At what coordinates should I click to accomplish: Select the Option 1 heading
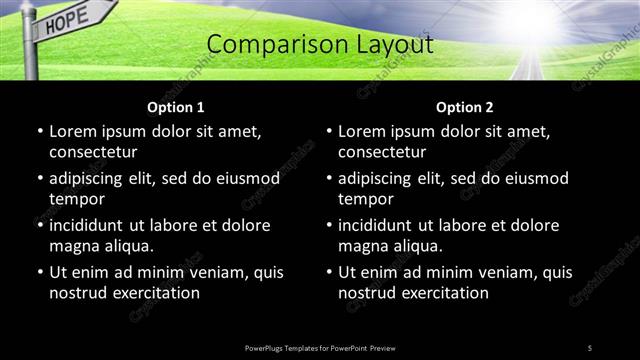pos(176,107)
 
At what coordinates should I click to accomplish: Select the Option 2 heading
pos(465,107)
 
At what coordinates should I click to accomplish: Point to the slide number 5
pos(590,347)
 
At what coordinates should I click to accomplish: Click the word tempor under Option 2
pos(366,198)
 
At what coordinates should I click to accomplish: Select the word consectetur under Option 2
pos(382,151)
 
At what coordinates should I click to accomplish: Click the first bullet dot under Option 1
pos(39,132)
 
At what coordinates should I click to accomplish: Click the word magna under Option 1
pos(72,245)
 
